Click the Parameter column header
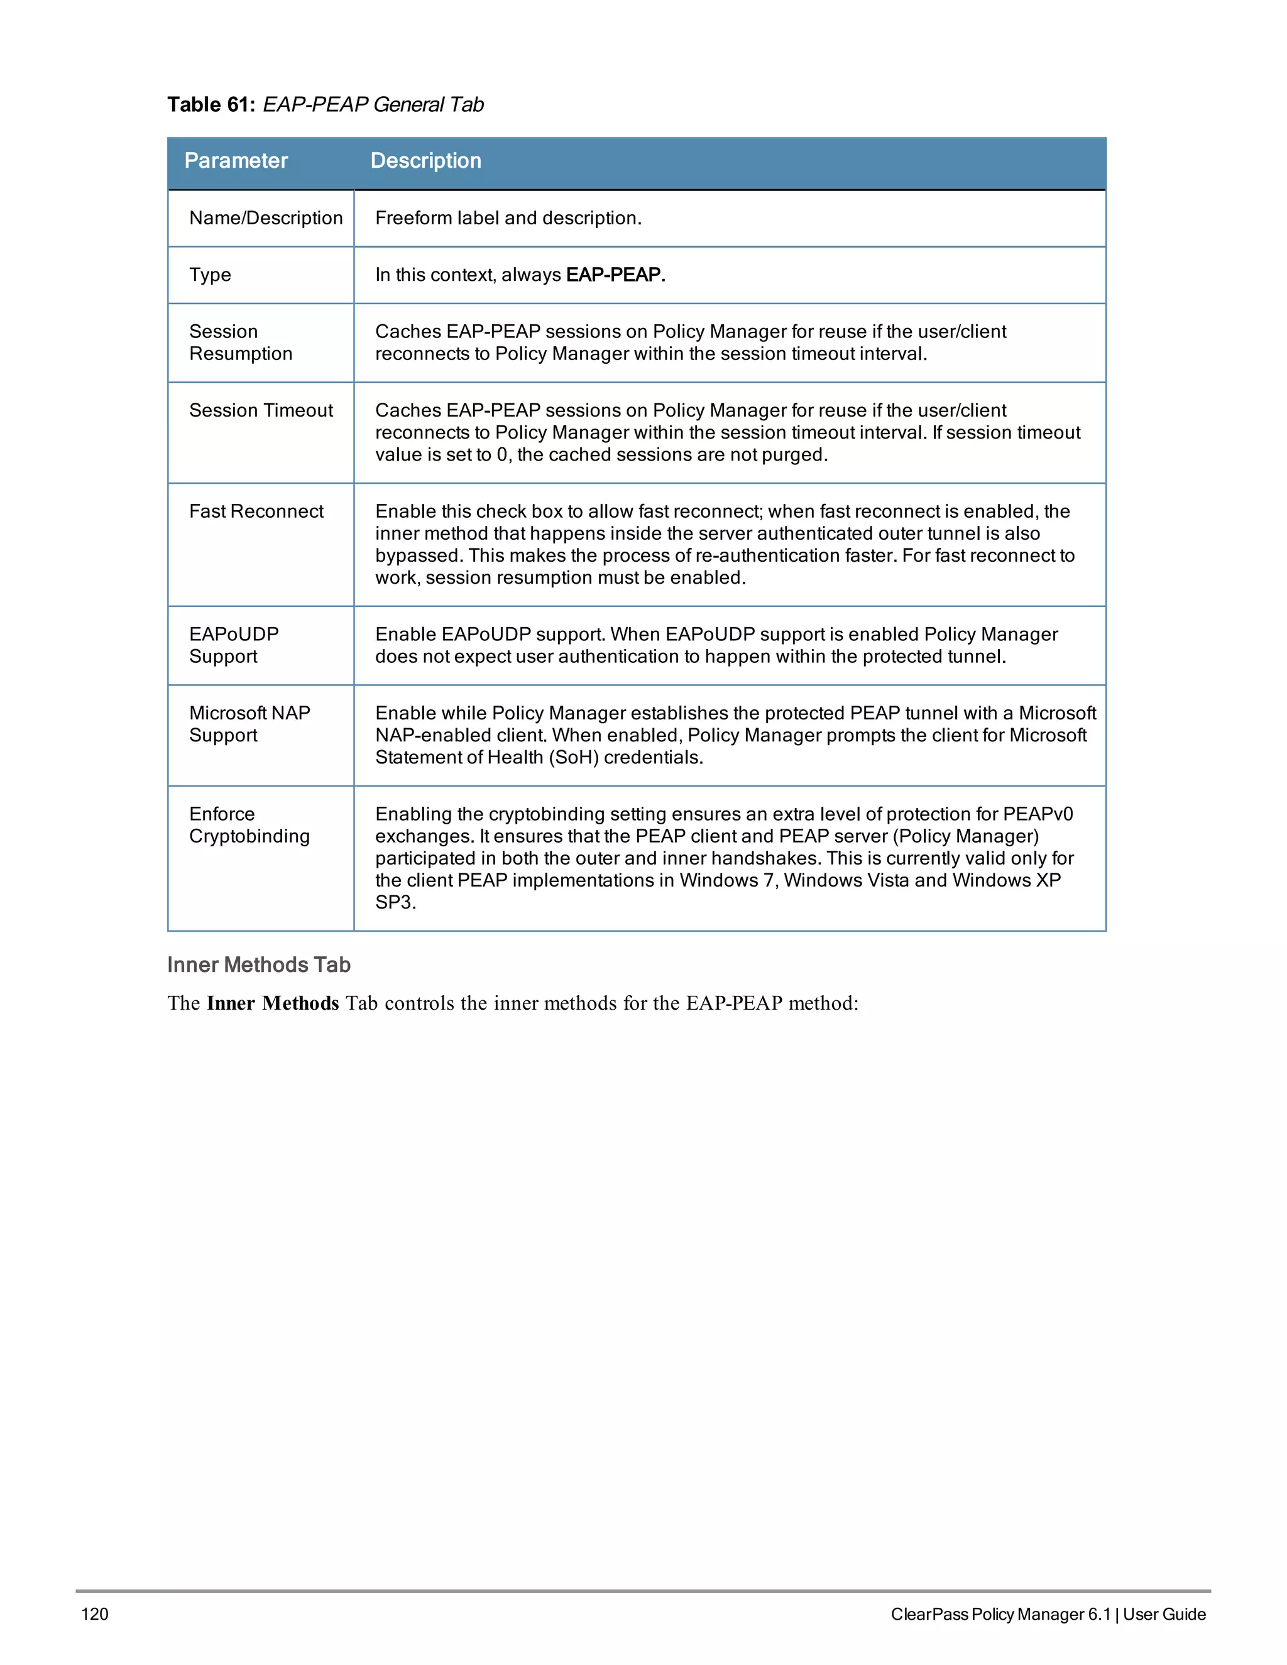[236, 161]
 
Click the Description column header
[425, 161]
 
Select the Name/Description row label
[265, 218]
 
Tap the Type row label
[210, 275]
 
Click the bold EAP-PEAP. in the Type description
[615, 275]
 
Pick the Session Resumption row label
[240, 342]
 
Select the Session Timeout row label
[261, 410]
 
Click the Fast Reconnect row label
[256, 511]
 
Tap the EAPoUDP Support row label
[233, 645]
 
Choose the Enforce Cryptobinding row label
[249, 825]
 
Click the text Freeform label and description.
[508, 218]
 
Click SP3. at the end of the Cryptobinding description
[395, 903]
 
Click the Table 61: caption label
[211, 104]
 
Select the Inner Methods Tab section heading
[258, 964]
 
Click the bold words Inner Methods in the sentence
[272, 1003]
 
